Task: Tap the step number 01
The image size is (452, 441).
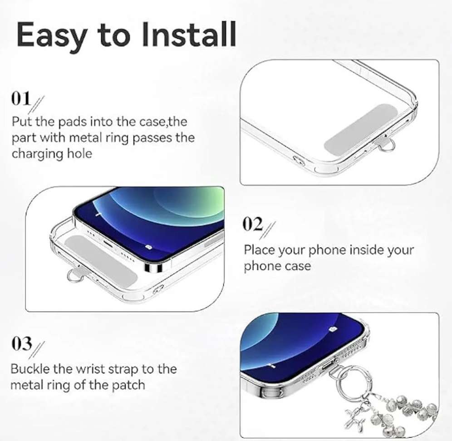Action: point(21,98)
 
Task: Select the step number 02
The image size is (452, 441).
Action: point(252,224)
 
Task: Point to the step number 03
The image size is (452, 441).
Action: point(22,343)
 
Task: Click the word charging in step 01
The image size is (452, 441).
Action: point(37,154)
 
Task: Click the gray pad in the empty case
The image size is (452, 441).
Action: point(361,127)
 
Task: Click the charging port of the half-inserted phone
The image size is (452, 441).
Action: point(108,244)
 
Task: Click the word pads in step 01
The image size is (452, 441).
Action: point(73,122)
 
